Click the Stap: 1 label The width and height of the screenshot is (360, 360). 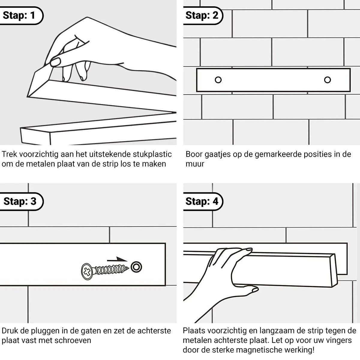click(19, 15)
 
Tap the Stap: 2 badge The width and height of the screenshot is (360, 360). click(202, 15)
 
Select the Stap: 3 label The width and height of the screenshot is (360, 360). click(20, 201)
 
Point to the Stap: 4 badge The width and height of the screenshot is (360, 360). click(202, 201)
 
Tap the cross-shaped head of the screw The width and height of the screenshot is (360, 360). click(87, 271)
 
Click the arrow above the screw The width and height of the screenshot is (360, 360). click(117, 259)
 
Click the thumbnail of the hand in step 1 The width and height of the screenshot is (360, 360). click(55, 62)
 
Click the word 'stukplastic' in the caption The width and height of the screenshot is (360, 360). click(152, 154)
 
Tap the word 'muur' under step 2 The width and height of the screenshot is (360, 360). click(195, 164)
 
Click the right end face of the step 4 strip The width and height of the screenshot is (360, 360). click(334, 271)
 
